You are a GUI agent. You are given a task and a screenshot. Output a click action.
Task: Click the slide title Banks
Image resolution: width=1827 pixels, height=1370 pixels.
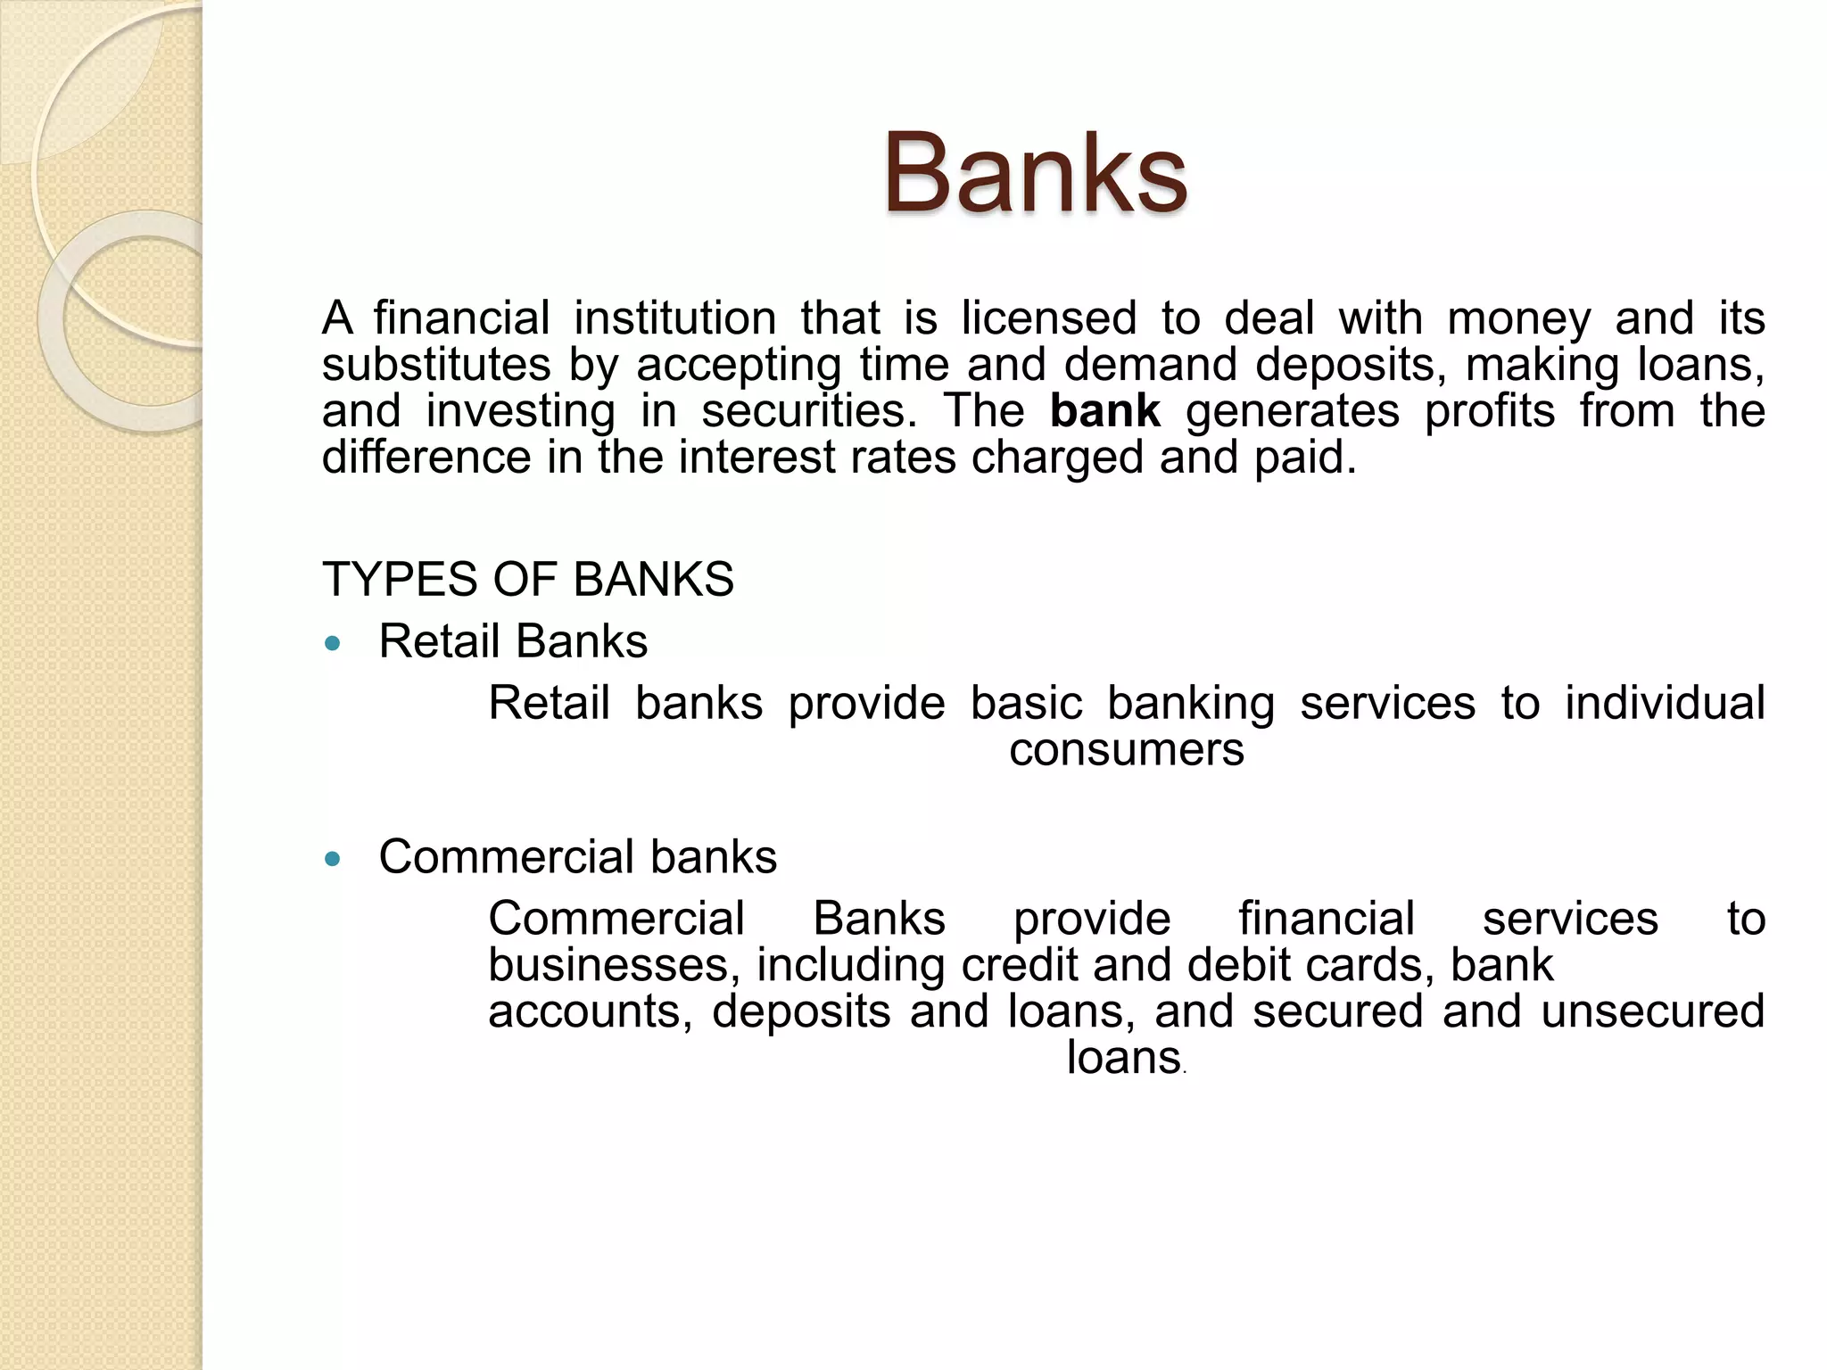[1035, 173]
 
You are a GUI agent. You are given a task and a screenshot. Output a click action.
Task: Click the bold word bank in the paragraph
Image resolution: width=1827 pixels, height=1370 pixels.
[1104, 411]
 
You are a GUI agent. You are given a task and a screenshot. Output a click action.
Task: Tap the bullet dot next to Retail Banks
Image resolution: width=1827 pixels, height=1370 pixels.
[333, 643]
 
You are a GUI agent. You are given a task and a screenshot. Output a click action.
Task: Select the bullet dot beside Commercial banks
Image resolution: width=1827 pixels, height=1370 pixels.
[333, 859]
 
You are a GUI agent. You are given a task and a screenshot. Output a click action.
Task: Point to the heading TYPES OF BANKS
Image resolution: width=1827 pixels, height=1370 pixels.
[527, 579]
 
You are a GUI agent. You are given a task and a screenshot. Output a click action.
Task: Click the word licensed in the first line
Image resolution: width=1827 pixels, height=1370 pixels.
[1048, 318]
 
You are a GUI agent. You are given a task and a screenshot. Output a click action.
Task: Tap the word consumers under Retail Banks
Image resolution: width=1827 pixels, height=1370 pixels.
[1126, 749]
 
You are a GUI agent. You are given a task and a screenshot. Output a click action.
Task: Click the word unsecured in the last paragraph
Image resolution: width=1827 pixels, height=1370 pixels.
[1652, 1011]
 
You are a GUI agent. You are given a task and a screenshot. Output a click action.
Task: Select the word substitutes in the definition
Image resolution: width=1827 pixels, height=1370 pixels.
[436, 365]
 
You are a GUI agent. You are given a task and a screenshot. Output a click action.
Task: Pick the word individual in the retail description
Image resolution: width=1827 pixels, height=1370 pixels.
[1665, 703]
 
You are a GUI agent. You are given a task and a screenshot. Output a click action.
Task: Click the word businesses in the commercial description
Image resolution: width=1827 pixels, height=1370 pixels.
[614, 965]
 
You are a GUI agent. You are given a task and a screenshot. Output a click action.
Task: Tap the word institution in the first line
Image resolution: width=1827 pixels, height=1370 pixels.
[674, 318]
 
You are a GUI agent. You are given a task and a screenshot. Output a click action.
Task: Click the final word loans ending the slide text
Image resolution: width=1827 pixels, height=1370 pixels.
[1123, 1058]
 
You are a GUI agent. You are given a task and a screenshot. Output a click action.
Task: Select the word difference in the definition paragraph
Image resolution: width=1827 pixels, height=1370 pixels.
[426, 458]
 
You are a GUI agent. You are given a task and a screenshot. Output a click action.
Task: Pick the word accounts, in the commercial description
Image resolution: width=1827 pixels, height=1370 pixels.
[590, 1011]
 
